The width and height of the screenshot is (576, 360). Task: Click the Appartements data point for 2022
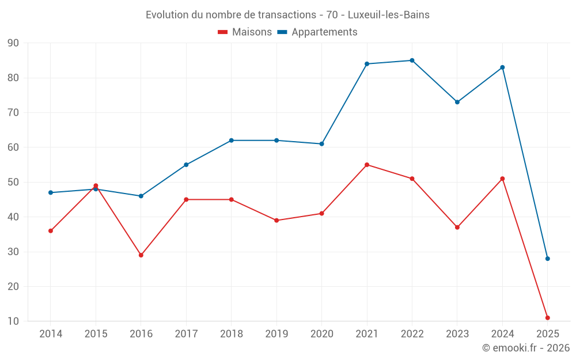(x=412, y=60)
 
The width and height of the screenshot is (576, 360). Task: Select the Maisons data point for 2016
(x=141, y=255)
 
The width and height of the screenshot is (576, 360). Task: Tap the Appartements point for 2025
(x=548, y=259)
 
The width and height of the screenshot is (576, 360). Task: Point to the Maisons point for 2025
(x=548, y=318)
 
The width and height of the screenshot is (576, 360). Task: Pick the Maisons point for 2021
(x=367, y=165)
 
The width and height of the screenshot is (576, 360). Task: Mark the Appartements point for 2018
(x=231, y=141)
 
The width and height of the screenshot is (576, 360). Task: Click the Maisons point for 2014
(x=51, y=231)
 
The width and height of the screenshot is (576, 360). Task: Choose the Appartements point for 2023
(x=457, y=102)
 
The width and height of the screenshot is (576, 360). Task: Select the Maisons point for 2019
(x=276, y=221)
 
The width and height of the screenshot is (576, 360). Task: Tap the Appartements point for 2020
(x=321, y=144)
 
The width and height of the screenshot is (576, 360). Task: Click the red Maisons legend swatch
(x=222, y=32)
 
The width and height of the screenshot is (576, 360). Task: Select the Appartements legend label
(x=324, y=32)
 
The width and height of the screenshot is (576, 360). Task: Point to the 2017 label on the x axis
(x=186, y=334)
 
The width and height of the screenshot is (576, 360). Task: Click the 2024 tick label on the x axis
(x=502, y=334)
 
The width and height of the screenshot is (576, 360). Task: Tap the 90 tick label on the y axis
(x=13, y=43)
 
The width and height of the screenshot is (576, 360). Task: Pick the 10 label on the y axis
(x=13, y=321)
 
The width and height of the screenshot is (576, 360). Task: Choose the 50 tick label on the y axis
(x=13, y=183)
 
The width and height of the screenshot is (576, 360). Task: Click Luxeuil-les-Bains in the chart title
(x=389, y=15)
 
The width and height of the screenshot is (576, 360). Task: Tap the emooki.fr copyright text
(x=526, y=348)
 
